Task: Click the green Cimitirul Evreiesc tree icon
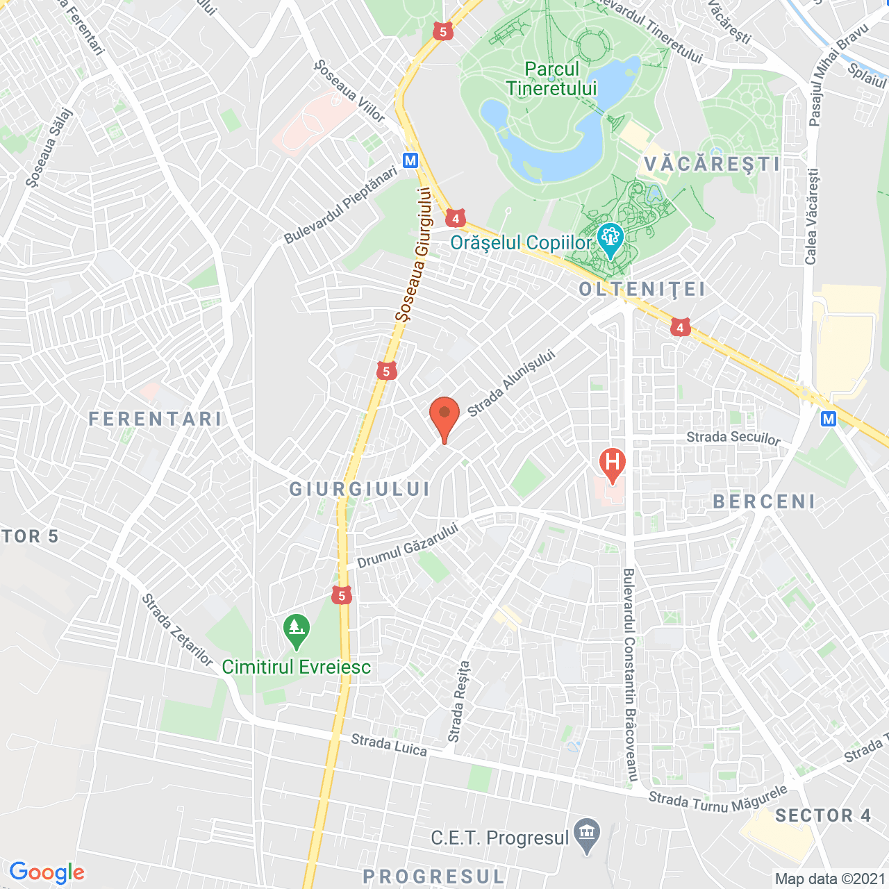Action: [297, 629]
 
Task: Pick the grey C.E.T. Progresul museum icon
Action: [588, 836]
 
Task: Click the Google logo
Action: [47, 872]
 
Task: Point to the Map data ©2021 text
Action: [830, 879]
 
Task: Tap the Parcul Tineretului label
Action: [551, 79]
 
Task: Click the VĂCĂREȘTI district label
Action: [712, 164]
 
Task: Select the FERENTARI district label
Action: [156, 419]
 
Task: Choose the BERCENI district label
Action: [764, 501]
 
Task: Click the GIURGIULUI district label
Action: [360, 489]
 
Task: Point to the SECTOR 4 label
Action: [823, 815]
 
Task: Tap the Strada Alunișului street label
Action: [511, 383]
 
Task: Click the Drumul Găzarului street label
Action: [408, 545]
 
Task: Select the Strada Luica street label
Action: [389, 745]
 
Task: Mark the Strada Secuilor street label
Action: [733, 437]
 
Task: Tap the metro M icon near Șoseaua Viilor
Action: [410, 160]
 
